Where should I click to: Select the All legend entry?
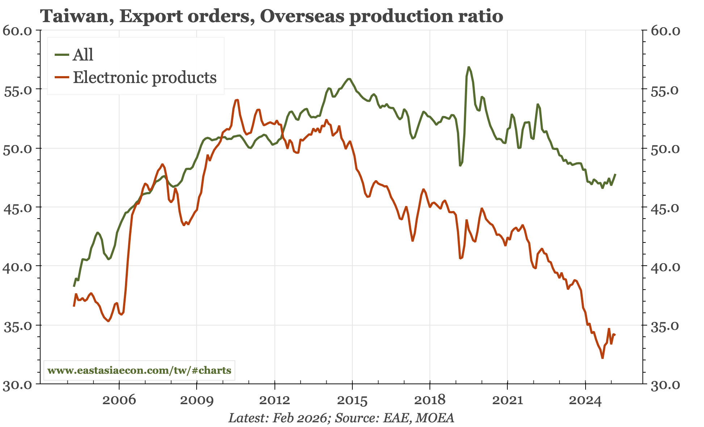pos(83,55)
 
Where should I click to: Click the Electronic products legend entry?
pos(144,78)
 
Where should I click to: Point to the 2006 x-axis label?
pos(119,400)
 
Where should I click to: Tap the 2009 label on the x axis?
pos(197,400)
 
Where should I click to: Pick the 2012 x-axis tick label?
pos(275,400)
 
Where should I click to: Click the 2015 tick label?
pos(352,400)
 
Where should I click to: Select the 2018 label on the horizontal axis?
pos(429,400)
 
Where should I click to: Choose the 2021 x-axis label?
pos(507,400)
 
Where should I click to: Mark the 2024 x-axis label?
pos(585,400)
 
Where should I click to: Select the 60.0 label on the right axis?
pos(666,31)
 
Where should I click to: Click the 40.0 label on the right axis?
pos(666,267)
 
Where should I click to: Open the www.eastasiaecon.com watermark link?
pos(139,370)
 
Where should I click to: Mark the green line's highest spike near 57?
pos(469,67)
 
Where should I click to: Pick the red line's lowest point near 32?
pos(602,358)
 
